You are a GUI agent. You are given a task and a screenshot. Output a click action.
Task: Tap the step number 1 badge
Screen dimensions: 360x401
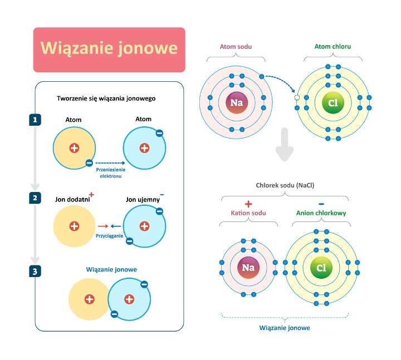tap(35, 120)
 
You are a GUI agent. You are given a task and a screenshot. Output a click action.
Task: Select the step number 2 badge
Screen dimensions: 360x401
tap(35, 198)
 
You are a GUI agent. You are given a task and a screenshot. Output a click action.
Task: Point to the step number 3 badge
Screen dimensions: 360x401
tap(35, 271)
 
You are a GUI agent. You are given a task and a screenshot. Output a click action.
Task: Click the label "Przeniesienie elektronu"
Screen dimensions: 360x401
tap(110, 172)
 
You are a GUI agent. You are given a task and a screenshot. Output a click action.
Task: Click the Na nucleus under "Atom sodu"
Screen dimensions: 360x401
tap(236, 103)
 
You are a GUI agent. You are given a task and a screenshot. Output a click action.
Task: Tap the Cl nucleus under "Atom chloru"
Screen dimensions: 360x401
tap(332, 103)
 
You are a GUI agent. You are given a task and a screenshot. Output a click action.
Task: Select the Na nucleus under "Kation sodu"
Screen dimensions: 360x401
tap(248, 268)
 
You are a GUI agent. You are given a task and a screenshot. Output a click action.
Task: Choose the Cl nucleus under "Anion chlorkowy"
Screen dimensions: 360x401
tap(321, 268)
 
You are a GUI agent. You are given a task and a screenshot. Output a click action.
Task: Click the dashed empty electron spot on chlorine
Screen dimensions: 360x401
tap(296, 97)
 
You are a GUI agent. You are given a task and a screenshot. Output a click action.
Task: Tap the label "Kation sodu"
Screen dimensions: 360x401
tap(248, 213)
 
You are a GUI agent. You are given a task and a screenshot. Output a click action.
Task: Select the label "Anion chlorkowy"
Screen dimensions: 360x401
tap(321, 213)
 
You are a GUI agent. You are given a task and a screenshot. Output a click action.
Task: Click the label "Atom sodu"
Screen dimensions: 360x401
tap(236, 47)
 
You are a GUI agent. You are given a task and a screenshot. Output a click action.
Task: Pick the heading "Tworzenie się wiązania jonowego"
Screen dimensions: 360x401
tap(106, 98)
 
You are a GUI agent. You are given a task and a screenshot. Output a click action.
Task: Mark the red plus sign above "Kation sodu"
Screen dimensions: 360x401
tap(248, 204)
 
